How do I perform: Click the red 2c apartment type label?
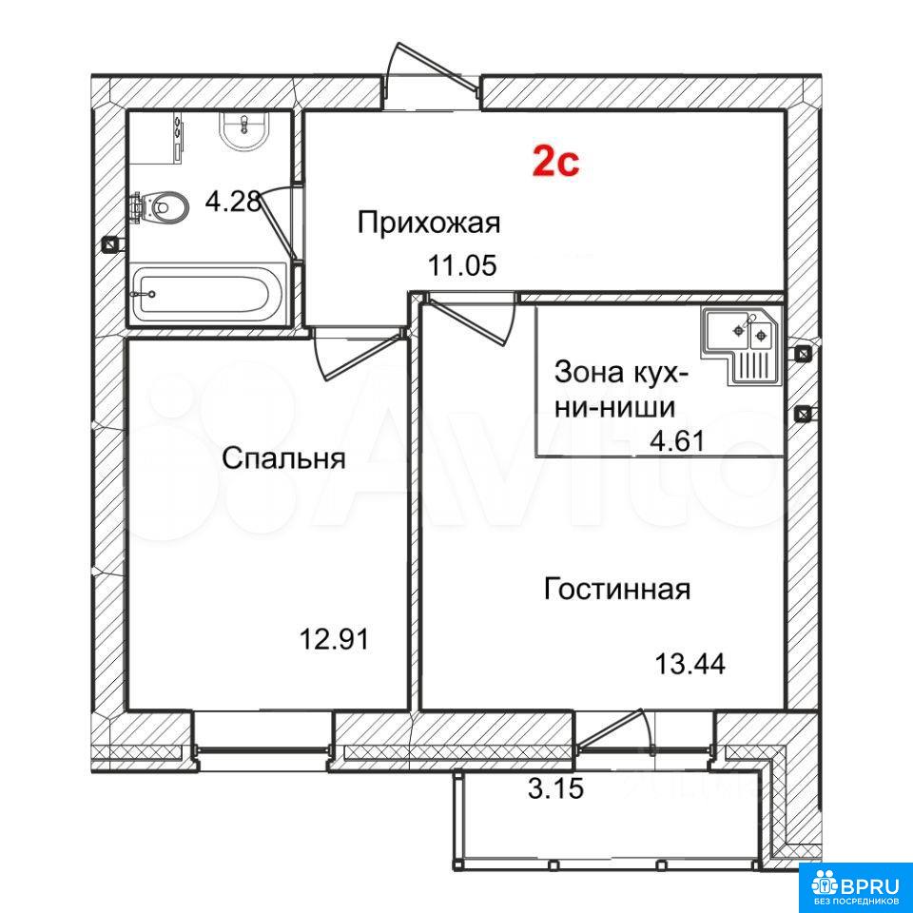tap(556, 163)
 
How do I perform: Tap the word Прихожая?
tap(429, 223)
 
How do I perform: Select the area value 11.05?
tap(462, 266)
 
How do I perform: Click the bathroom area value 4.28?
tap(232, 202)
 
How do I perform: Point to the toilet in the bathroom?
tap(160, 206)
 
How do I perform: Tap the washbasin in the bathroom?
tap(244, 131)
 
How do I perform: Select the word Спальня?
tap(283, 458)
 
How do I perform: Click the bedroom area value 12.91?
tap(334, 640)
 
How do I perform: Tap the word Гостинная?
tap(617, 589)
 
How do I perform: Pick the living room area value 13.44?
tap(690, 664)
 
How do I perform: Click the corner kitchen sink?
tap(742, 345)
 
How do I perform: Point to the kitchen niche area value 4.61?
tap(677, 439)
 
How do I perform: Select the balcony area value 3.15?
tap(556, 789)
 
